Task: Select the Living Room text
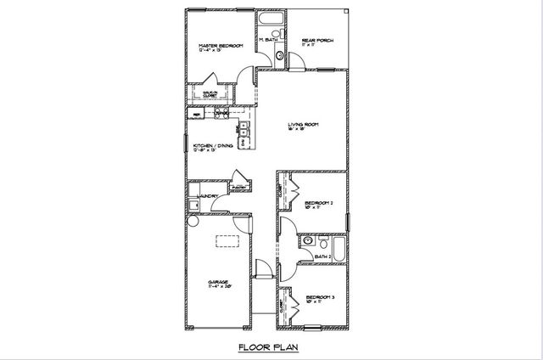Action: (303, 125)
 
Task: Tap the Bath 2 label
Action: (322, 256)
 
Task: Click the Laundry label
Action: (210, 197)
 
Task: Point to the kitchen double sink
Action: (243, 130)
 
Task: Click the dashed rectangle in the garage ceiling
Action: (226, 240)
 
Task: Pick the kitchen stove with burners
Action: (221, 112)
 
